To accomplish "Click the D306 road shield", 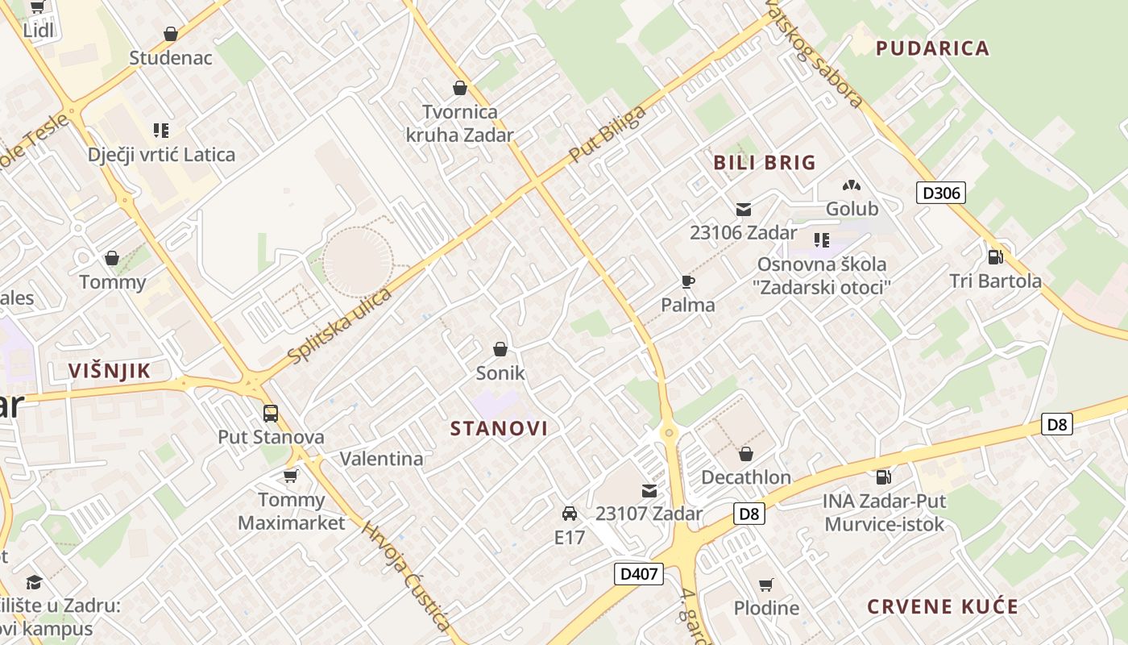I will click(x=940, y=193).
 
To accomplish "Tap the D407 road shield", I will click(x=638, y=574).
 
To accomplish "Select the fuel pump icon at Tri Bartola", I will click(x=996, y=256).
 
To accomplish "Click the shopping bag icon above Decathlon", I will click(x=746, y=454).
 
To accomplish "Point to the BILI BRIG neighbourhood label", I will click(x=765, y=163).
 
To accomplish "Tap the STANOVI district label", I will click(x=499, y=428).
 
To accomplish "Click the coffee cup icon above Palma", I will click(x=687, y=281).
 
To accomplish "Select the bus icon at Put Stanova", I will click(x=271, y=413).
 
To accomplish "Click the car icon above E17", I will click(x=570, y=513).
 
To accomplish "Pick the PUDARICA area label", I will click(x=932, y=48).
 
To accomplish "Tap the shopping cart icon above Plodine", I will click(x=766, y=585).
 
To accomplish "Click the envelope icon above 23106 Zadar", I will click(x=744, y=210).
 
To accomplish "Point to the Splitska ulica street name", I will click(x=339, y=325).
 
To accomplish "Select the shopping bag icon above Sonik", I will click(x=500, y=349).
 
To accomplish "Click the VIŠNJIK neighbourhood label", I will click(x=110, y=371).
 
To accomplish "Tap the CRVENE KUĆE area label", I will click(x=943, y=607).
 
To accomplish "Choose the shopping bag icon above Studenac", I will click(x=171, y=34).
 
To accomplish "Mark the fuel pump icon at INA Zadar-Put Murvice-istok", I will click(x=884, y=477).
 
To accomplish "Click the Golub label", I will click(x=852, y=209).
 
